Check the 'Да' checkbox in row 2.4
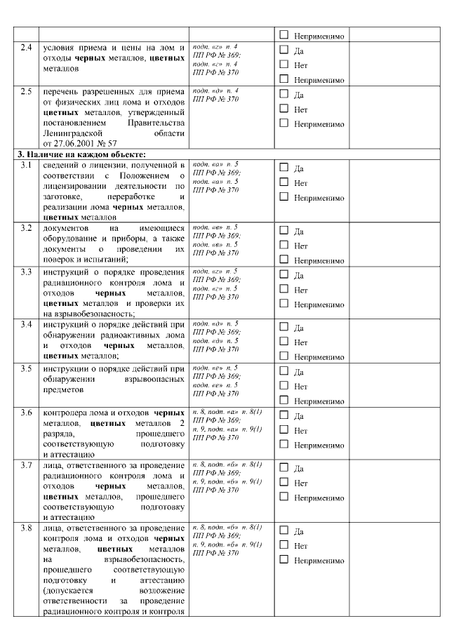pyautogui.click(x=284, y=50)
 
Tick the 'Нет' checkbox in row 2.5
pyautogui.click(x=284, y=109)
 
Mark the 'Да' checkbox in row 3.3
pyautogui.click(x=284, y=275)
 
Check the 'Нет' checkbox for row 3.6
pyautogui.click(x=284, y=429)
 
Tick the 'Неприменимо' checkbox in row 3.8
pyautogui.click(x=284, y=560)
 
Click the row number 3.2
pyautogui.click(x=26, y=229)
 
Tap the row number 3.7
pyautogui.click(x=26, y=465)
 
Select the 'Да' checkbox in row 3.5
pyautogui.click(x=284, y=372)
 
